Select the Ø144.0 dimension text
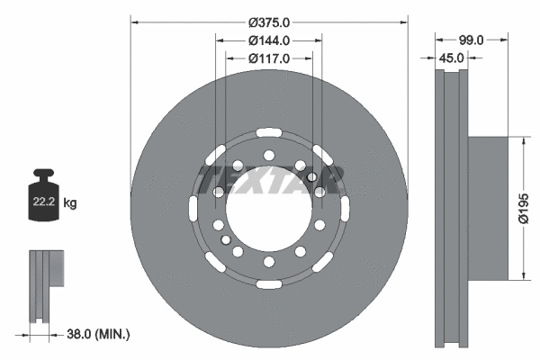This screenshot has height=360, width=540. tap(268, 40)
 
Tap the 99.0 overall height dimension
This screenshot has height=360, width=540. tap(472, 40)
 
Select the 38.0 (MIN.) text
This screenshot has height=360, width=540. tap(99, 334)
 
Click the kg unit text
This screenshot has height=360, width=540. tap(70, 204)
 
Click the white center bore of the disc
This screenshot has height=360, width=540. tap(268, 209)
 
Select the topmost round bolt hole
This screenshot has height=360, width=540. tap(268, 155)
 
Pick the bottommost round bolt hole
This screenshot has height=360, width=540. tap(268, 262)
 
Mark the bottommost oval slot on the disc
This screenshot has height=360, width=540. tap(268, 284)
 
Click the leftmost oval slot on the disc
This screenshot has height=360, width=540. tap(193, 209)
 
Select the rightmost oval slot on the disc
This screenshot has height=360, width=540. tap(344, 209)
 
